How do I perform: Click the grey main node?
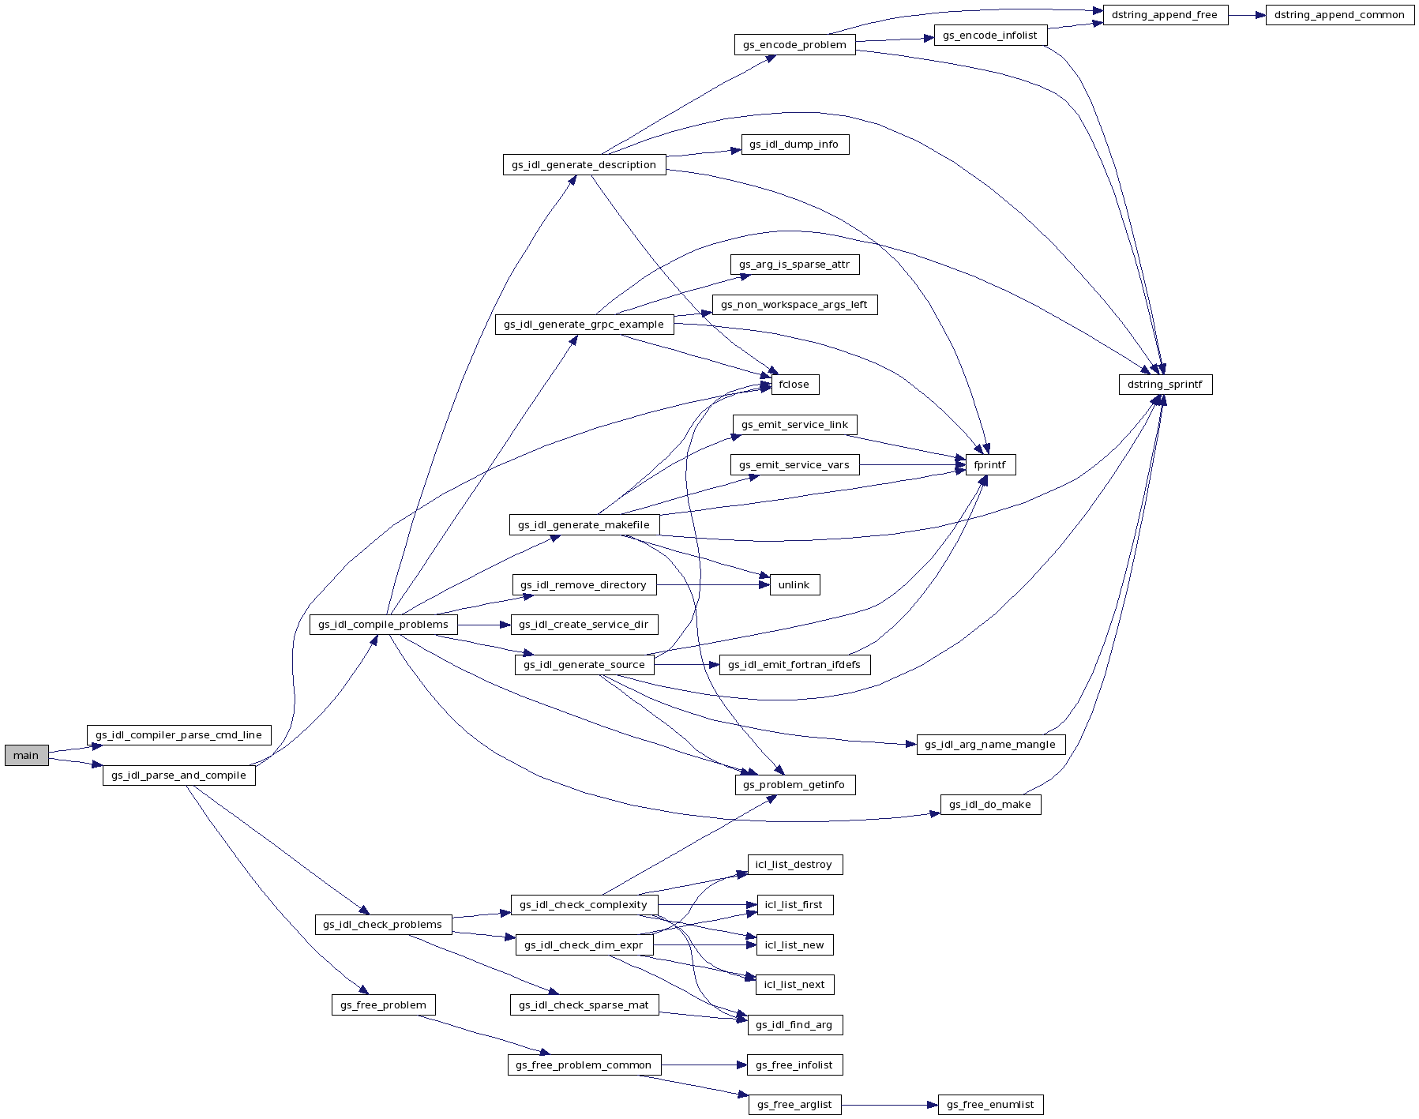click(x=26, y=756)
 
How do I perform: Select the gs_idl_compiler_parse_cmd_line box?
click(x=178, y=735)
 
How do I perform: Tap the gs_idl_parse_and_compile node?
click(x=178, y=775)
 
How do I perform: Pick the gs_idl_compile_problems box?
click(x=383, y=625)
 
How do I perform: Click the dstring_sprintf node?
click(x=1165, y=385)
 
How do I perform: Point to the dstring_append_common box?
click(x=1339, y=15)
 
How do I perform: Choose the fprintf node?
click(x=989, y=465)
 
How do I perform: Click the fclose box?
click(x=794, y=385)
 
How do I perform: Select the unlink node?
click(x=794, y=585)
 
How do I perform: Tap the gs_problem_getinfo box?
click(x=794, y=785)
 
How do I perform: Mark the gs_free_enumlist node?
click(x=990, y=1105)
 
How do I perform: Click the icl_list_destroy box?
click(x=794, y=865)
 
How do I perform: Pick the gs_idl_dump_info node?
click(x=794, y=145)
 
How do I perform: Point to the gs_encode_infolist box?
click(x=989, y=36)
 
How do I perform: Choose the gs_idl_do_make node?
click(x=989, y=805)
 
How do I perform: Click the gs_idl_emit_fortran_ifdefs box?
click(x=794, y=665)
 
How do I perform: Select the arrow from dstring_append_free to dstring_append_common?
click(x=1247, y=15)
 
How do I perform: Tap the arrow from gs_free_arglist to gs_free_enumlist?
click(x=889, y=1105)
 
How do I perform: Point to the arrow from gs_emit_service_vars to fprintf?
click(x=912, y=465)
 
